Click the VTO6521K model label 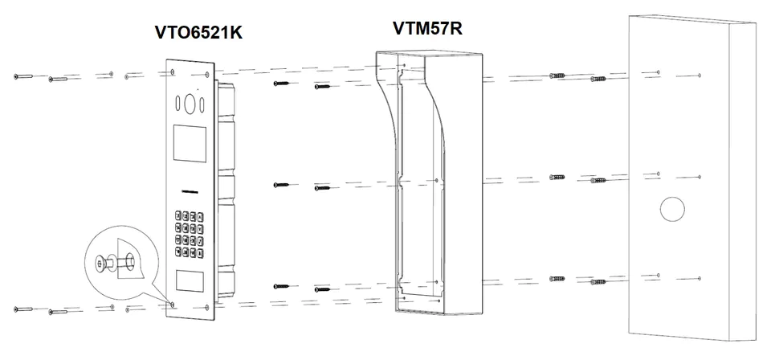(198, 32)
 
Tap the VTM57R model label (427, 28)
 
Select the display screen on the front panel (189, 143)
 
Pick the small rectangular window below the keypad (190, 280)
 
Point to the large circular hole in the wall (672, 209)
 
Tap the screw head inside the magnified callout (101, 264)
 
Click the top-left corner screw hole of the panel (172, 72)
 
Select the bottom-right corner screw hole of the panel (207, 308)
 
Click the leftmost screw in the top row (23, 76)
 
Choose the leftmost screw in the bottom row (23, 309)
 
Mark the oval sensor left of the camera (177, 104)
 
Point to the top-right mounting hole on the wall (700, 76)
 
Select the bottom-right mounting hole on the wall (700, 279)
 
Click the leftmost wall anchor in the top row (557, 76)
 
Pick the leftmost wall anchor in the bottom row (557, 279)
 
